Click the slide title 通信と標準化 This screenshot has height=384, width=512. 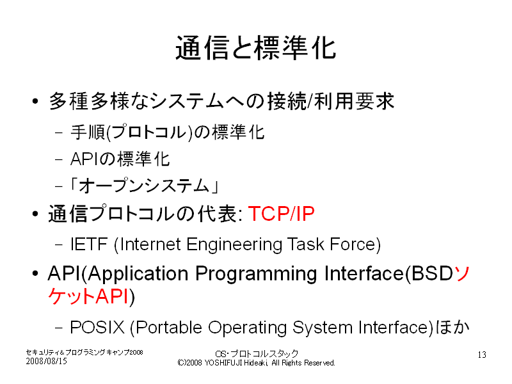pos(255,48)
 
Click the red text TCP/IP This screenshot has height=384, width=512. pos(281,214)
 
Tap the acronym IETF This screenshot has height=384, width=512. pos(89,244)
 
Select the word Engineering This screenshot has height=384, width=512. pos(234,245)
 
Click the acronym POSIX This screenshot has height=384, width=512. pos(97,327)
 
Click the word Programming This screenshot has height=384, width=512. pos(256,275)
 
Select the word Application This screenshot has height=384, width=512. pos(138,275)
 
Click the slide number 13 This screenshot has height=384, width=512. pos(482,355)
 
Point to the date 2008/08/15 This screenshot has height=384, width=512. pos(46,361)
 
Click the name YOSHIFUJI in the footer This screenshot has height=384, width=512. pos(223,363)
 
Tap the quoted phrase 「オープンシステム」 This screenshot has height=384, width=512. pos(145,186)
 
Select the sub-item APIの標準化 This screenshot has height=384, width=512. pos(120,159)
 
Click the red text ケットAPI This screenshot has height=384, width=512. pos(88,297)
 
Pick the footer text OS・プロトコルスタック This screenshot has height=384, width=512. pos(257,354)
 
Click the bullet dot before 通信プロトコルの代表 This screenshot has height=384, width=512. pos(35,214)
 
